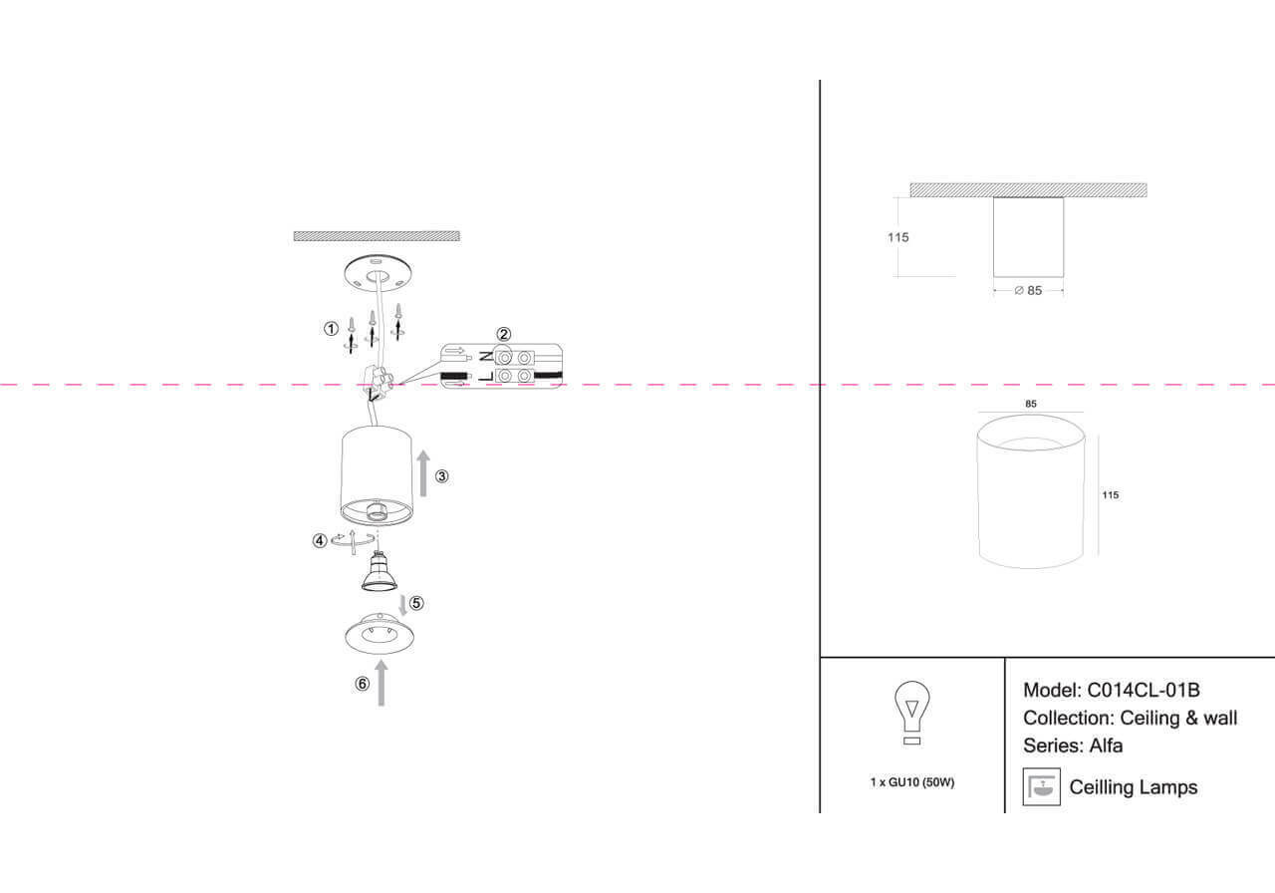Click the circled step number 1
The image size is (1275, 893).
[x=331, y=329]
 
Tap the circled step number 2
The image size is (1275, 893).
[x=504, y=334]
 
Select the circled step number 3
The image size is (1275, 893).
[x=442, y=476]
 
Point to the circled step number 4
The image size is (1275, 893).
[x=320, y=541]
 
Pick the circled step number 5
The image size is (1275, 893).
[x=416, y=603]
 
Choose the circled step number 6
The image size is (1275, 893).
[x=363, y=684]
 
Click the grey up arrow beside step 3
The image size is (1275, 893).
[x=423, y=472]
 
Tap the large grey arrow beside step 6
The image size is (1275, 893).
[x=382, y=682]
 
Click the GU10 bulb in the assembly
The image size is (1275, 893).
[x=377, y=571]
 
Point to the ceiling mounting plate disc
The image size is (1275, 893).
[x=377, y=272]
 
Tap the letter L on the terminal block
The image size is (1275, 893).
[x=484, y=377]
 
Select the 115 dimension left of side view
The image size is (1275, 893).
[x=897, y=237]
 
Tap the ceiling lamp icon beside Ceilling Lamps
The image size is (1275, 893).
[x=1041, y=787]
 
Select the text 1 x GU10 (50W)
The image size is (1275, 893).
[x=911, y=782]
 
